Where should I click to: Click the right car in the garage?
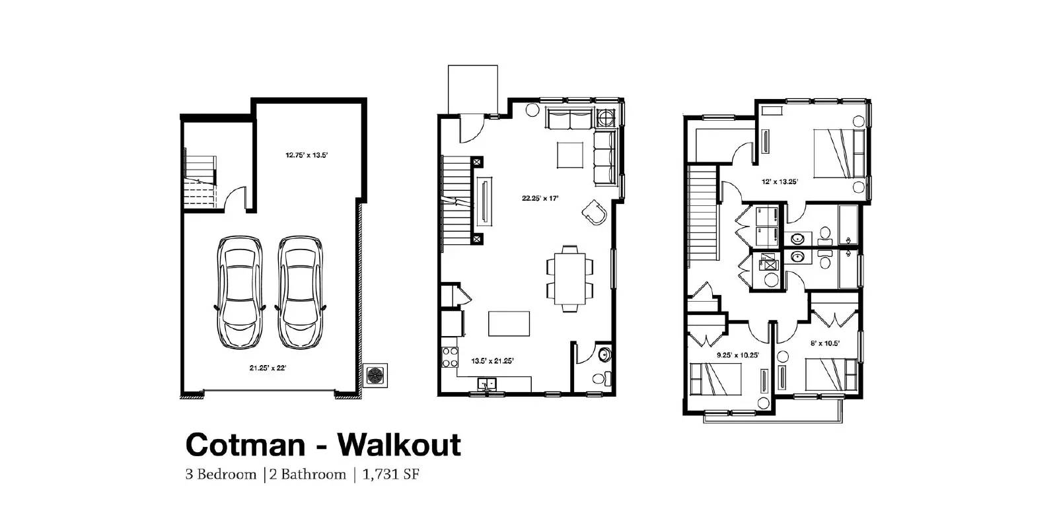coord(301,292)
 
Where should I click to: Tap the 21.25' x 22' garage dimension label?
coord(268,368)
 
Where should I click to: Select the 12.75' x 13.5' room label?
coord(307,156)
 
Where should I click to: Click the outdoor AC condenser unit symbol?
coord(375,375)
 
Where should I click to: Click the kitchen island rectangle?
coord(510,324)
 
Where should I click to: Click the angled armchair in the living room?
coord(594,212)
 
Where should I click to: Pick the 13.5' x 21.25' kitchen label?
coord(492,360)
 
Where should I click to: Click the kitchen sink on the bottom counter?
coord(488,383)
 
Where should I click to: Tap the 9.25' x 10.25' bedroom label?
coord(738,355)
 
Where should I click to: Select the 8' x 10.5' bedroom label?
coord(824,343)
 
